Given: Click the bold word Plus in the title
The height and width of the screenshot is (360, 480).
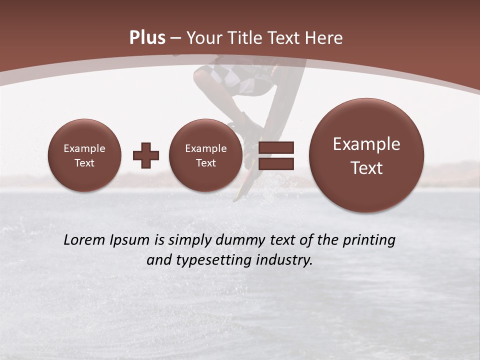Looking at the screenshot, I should coord(147,38).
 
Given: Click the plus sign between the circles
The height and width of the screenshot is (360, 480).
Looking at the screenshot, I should coord(146,155).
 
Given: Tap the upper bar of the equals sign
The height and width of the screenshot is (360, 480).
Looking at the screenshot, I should coord(276,147).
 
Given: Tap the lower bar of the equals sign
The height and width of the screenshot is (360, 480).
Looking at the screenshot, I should coord(276,164).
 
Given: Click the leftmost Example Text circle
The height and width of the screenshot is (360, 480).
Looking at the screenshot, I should coord(84,155).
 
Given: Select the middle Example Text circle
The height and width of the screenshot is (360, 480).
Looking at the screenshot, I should coord(206,155).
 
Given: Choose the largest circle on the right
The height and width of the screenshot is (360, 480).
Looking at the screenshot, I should coord(366,155).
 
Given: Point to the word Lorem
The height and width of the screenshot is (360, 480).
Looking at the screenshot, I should coord(84,240).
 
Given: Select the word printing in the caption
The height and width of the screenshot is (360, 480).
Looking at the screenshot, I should coord(369,240).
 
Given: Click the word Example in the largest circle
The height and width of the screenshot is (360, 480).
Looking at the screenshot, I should coord(366,144).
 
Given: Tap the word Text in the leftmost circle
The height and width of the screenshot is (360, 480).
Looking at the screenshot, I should coord(84,163).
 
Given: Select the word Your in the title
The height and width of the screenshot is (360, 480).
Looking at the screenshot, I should coord(202,38).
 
